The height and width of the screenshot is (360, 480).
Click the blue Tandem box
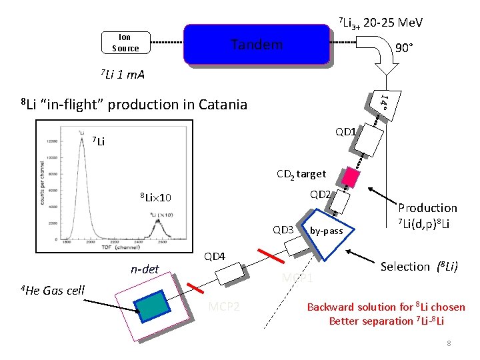(x=257, y=45)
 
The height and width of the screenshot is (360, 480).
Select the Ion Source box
(x=125, y=43)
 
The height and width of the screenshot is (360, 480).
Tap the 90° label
(x=403, y=48)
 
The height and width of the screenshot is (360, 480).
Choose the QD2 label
(x=319, y=195)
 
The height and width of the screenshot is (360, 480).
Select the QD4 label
(x=215, y=257)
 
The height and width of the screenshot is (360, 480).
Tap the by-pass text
(x=327, y=231)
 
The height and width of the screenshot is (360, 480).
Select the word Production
(x=427, y=208)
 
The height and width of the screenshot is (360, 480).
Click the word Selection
(x=405, y=267)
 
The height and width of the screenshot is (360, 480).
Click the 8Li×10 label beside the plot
(x=155, y=198)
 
